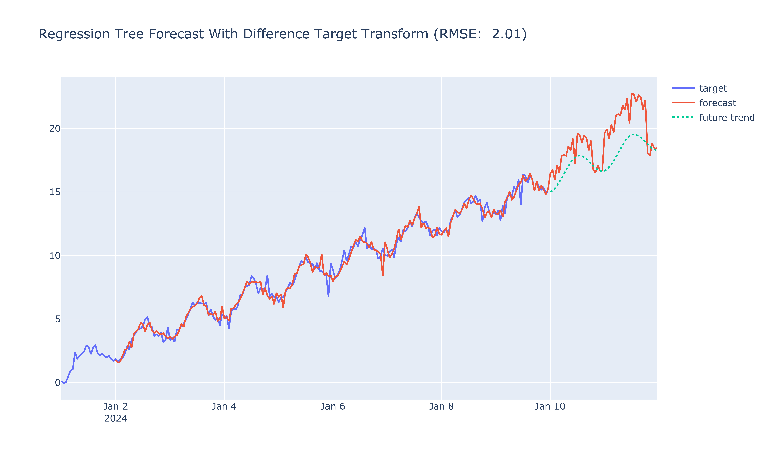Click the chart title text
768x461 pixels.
point(282,34)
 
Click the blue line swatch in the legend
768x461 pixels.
point(684,89)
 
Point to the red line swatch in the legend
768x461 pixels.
point(684,103)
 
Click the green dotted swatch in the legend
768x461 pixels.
point(684,118)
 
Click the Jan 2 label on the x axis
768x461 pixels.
point(116,406)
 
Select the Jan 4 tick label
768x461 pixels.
point(224,406)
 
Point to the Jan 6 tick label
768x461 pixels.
point(333,406)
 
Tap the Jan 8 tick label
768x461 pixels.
point(441,406)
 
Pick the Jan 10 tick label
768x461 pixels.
point(550,406)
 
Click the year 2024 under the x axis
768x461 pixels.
point(116,418)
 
